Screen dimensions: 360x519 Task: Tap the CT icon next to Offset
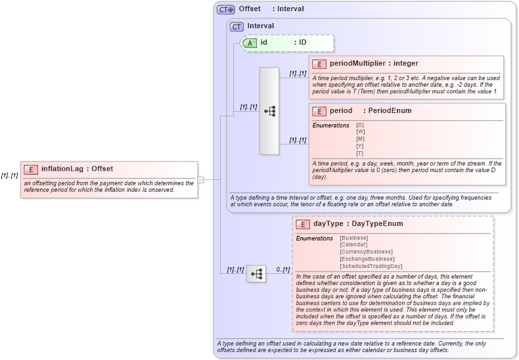pos(226,9)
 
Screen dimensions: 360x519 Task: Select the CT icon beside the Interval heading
pos(237,26)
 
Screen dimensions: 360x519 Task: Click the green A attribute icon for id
pos(250,43)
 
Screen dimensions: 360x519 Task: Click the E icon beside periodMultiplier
pos(319,64)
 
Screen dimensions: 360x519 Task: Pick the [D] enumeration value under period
pos(360,125)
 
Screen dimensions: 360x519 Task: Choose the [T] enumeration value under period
pos(360,153)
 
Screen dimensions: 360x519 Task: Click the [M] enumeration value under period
pos(360,139)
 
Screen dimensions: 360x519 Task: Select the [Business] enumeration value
pos(354,238)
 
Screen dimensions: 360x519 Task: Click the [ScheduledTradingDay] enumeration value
pos(371,266)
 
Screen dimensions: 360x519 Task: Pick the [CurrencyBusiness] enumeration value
pos(366,252)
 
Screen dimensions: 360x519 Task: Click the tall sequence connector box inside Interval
pos(269,110)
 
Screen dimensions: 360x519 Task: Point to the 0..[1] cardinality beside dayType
pos(283,269)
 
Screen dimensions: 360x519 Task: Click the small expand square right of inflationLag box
pos(201,179)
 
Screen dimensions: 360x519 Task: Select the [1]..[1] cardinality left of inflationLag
pos(9,175)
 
